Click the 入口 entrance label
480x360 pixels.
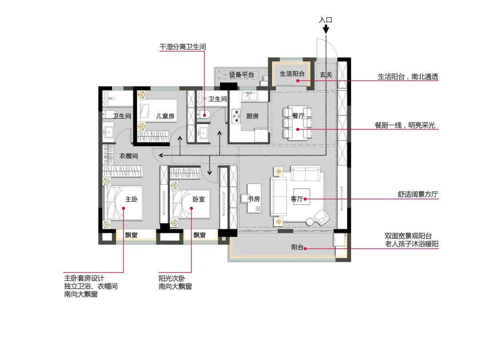click(x=326, y=20)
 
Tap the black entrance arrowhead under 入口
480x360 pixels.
click(x=326, y=30)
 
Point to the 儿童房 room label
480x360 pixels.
click(x=165, y=116)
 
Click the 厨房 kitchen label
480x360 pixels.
click(x=252, y=116)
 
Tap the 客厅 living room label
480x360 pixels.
click(x=297, y=199)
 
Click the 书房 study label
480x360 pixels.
click(x=254, y=199)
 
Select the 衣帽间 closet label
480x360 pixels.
click(x=129, y=156)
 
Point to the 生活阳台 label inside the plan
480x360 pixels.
click(x=292, y=74)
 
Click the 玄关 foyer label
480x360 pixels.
click(x=326, y=75)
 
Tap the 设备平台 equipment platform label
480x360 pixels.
click(x=241, y=75)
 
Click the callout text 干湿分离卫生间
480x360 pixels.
click(x=183, y=46)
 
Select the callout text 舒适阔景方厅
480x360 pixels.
click(x=418, y=194)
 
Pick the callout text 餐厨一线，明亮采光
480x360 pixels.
click(x=407, y=125)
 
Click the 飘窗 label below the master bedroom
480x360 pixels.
click(x=131, y=236)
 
